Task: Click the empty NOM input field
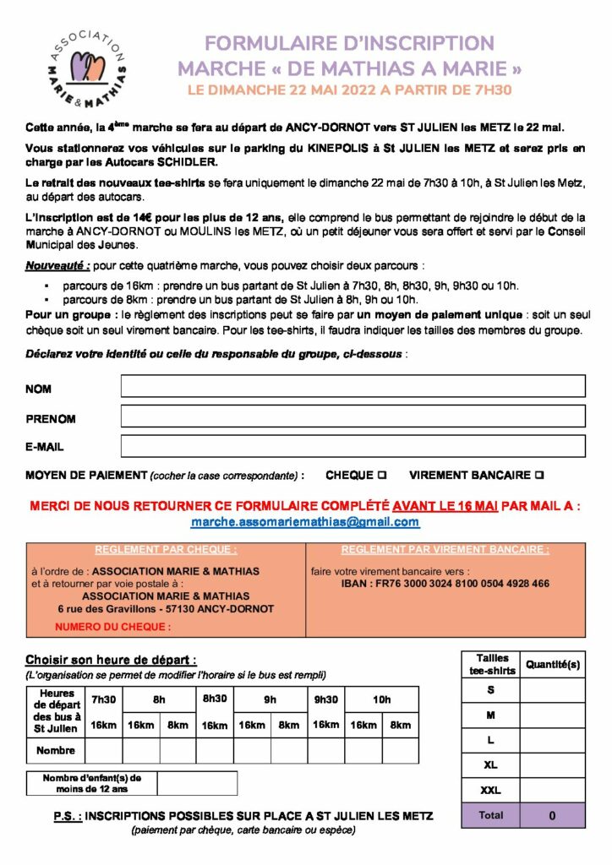click(352, 386)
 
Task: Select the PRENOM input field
click(352, 416)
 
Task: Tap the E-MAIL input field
click(352, 445)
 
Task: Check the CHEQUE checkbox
click(382, 476)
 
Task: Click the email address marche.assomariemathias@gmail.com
click(306, 522)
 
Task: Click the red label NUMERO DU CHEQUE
click(112, 627)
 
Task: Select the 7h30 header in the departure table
click(103, 699)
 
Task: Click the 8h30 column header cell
click(215, 699)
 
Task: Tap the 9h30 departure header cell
click(325, 699)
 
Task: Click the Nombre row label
click(56, 750)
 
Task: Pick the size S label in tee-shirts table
click(491, 690)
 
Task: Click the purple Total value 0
click(552, 816)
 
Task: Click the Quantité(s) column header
click(553, 665)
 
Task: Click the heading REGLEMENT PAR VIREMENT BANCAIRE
click(445, 549)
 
